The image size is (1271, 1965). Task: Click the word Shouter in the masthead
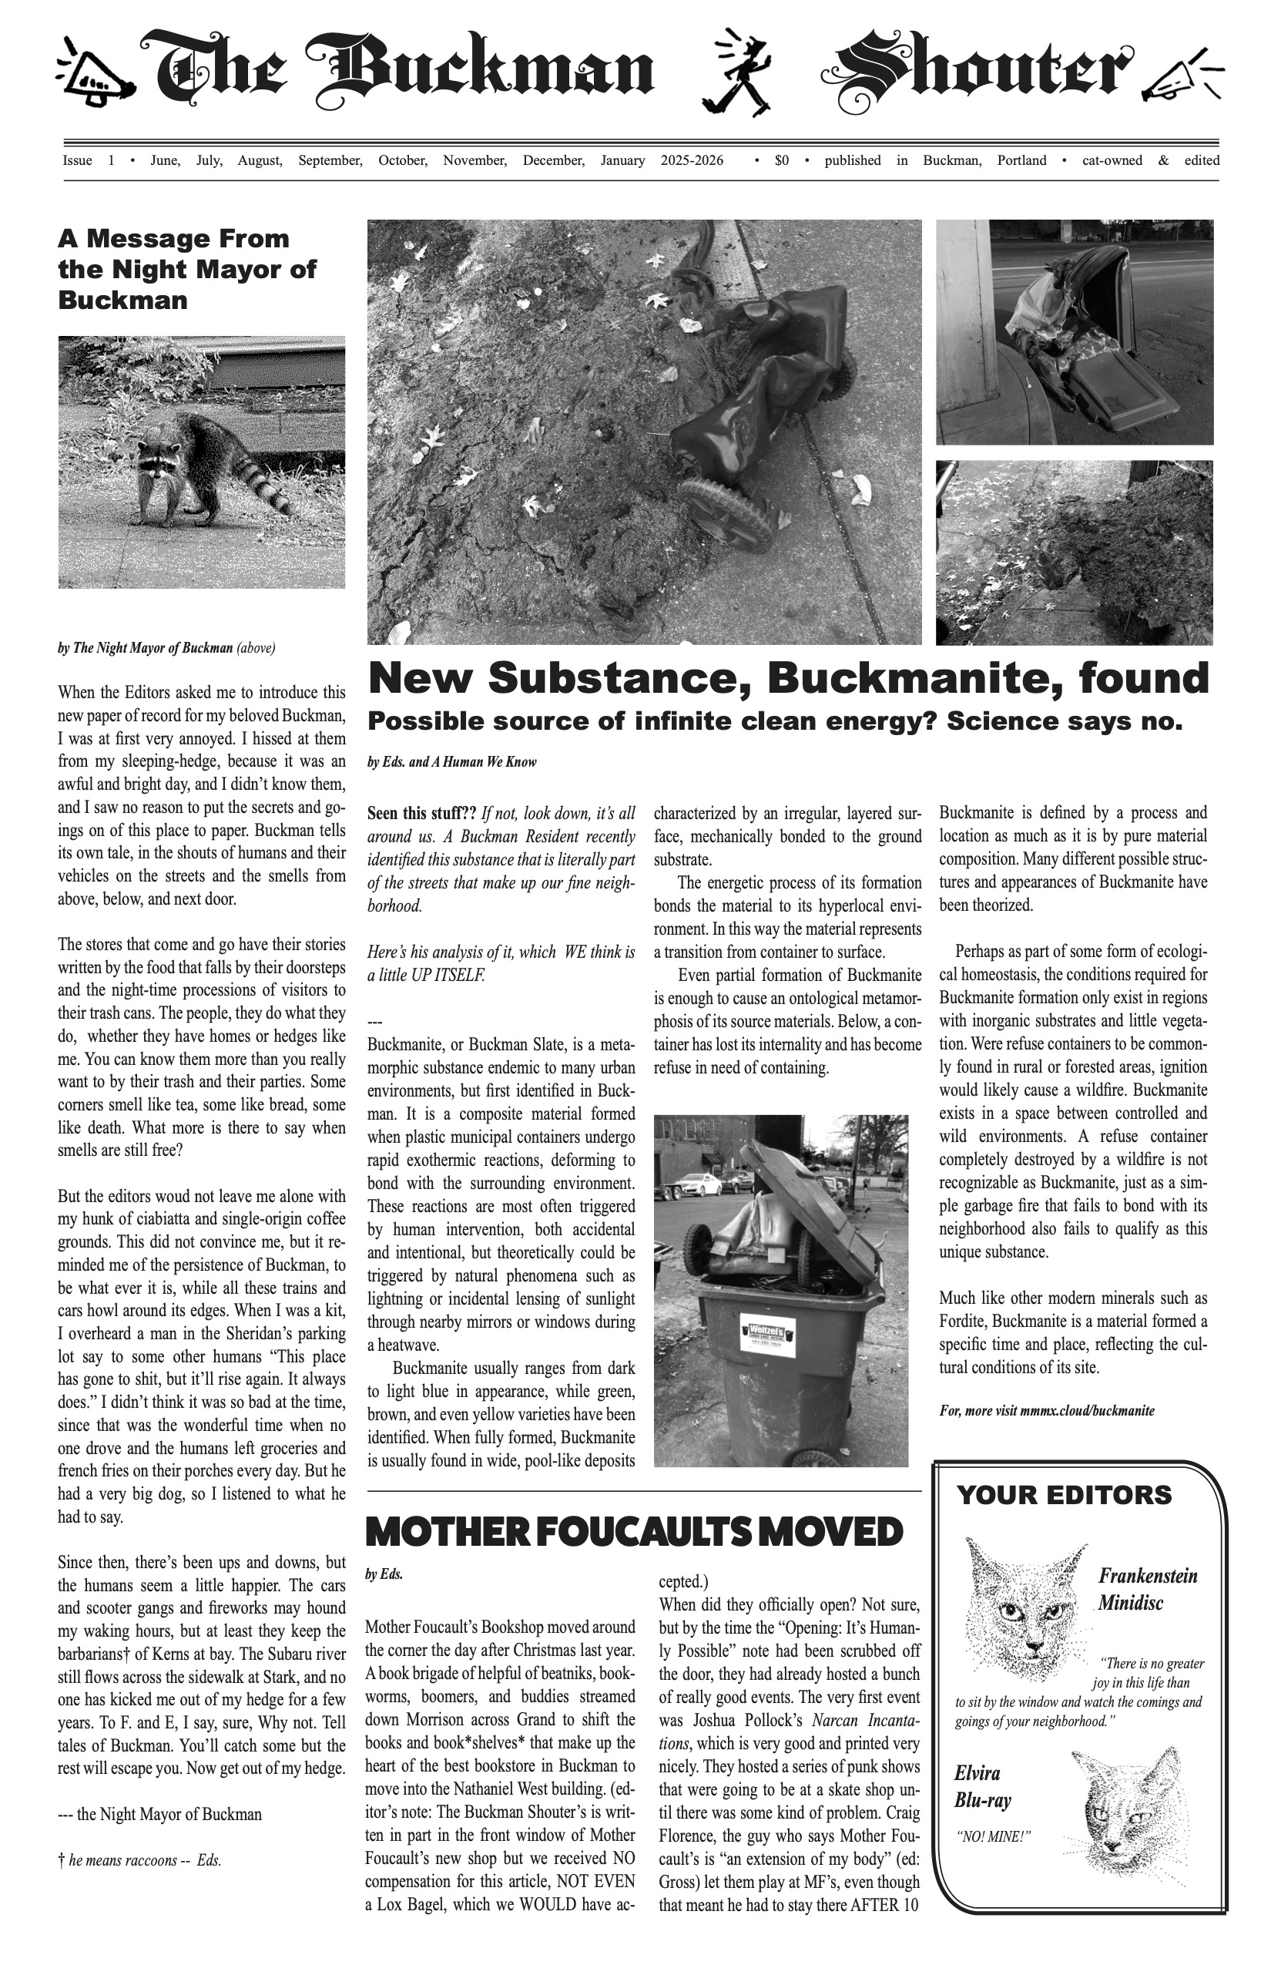pos(982,72)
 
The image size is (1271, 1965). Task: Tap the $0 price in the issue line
pos(781,160)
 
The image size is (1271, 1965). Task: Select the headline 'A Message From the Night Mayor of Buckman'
pos(186,269)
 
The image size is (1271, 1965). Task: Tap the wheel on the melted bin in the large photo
pos(726,512)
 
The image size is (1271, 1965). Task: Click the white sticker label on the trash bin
pos(766,1335)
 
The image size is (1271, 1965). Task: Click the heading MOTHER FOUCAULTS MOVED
pos(634,1533)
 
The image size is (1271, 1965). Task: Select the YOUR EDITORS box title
pos(1064,1494)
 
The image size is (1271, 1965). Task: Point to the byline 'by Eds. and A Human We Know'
pos(451,762)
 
